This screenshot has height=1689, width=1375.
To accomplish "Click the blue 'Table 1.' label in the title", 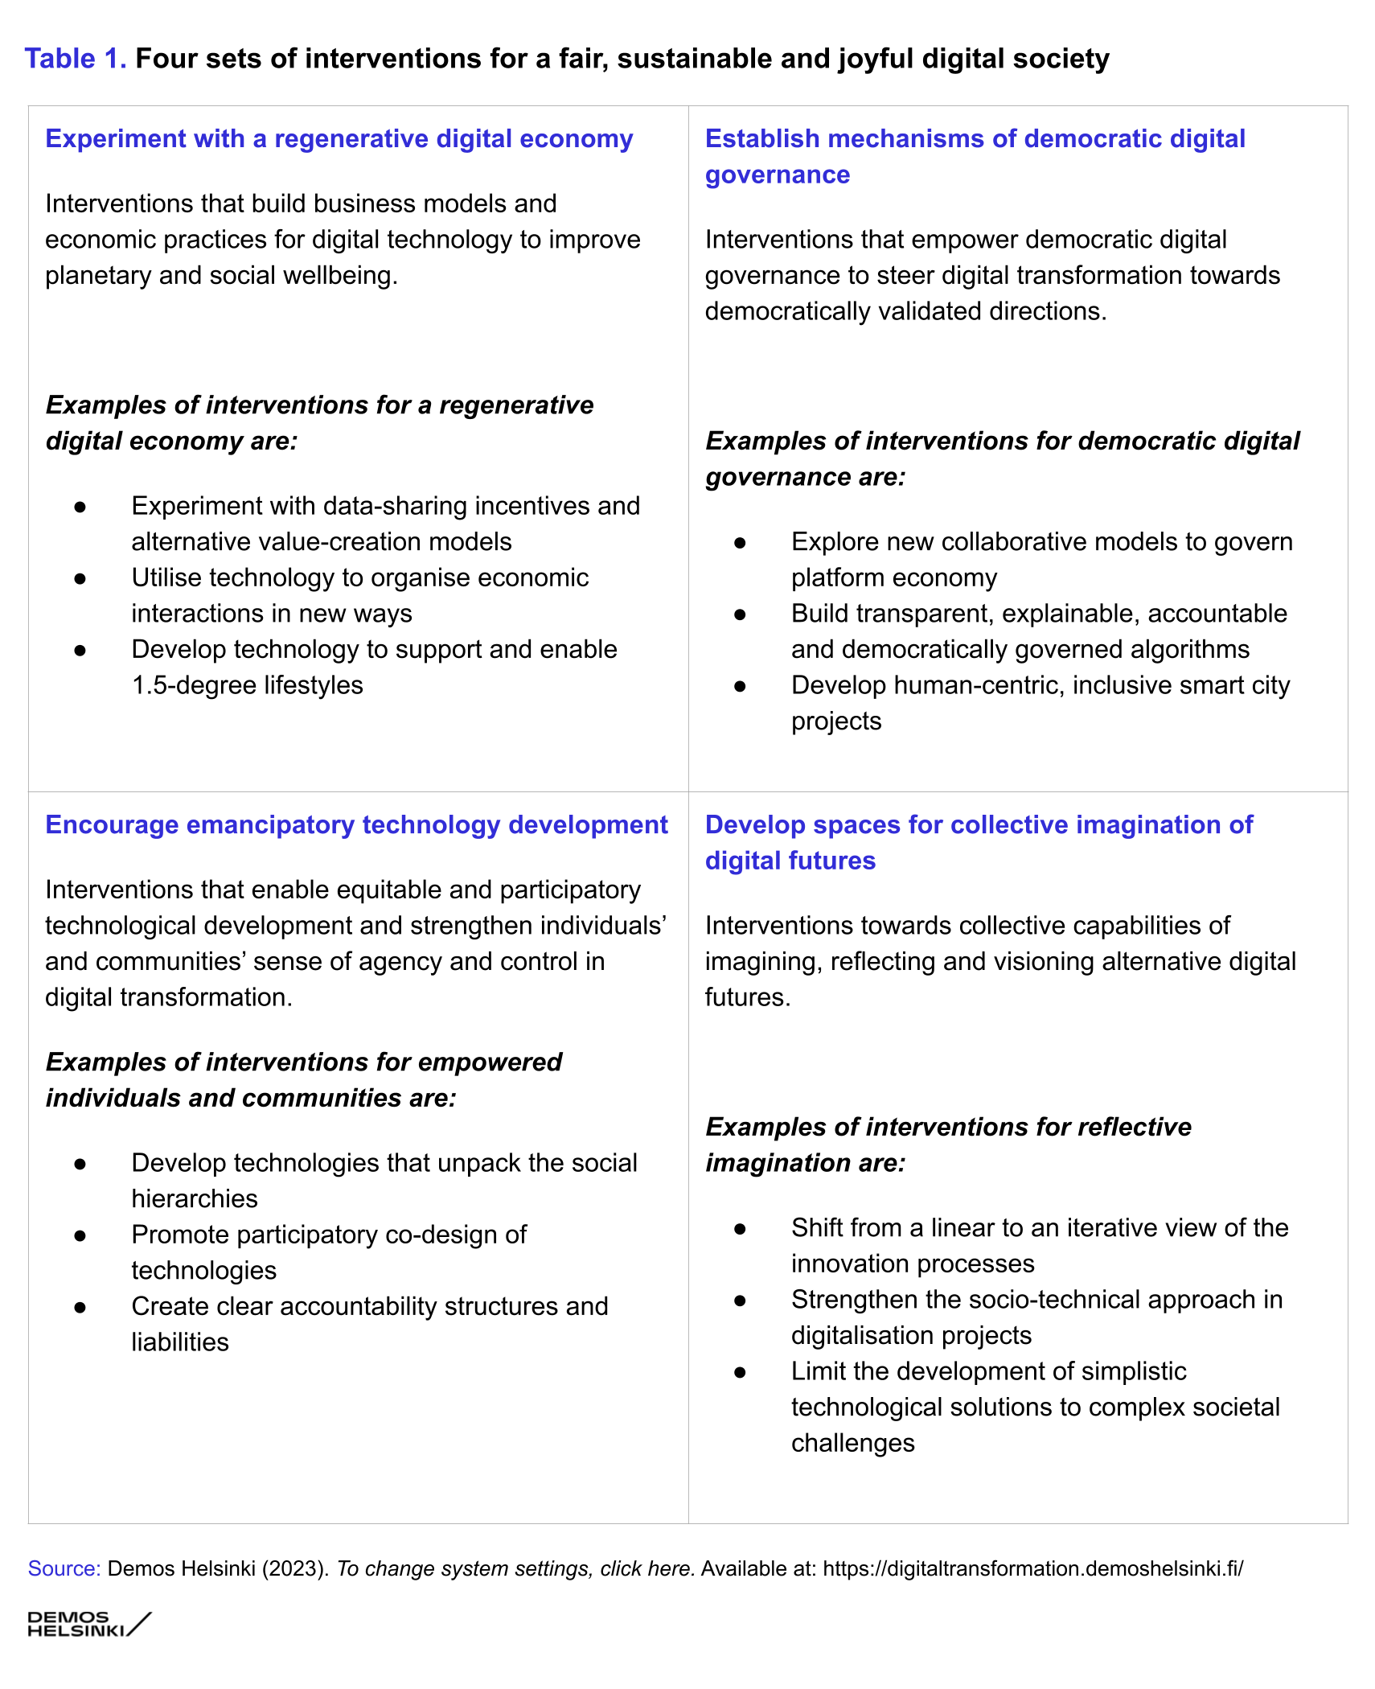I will pyautogui.click(x=76, y=59).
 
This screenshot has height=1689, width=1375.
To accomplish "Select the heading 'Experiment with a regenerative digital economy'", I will pyautogui.click(x=339, y=139).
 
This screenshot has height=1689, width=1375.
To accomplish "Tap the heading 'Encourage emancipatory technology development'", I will pyautogui.click(x=356, y=825).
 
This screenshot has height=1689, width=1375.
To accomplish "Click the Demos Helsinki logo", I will pyautogui.click(x=88, y=1624).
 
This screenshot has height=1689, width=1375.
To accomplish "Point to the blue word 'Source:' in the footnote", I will pyautogui.click(x=64, y=1568).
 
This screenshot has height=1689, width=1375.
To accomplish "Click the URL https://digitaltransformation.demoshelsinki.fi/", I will pyautogui.click(x=1032, y=1568).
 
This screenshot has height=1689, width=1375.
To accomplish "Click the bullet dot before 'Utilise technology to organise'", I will pyautogui.click(x=80, y=578).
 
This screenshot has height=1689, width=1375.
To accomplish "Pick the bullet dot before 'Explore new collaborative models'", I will pyautogui.click(x=740, y=543).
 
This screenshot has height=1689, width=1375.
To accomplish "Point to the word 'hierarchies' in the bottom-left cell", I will pyautogui.click(x=195, y=1198).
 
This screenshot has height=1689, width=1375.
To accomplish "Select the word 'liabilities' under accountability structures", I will pyautogui.click(x=180, y=1342).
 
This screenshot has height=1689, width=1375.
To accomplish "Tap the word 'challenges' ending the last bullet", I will pyautogui.click(x=852, y=1443).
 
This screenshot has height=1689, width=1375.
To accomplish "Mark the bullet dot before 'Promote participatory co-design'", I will pyautogui.click(x=80, y=1235).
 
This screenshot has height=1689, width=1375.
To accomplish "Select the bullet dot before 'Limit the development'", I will pyautogui.click(x=740, y=1372).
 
